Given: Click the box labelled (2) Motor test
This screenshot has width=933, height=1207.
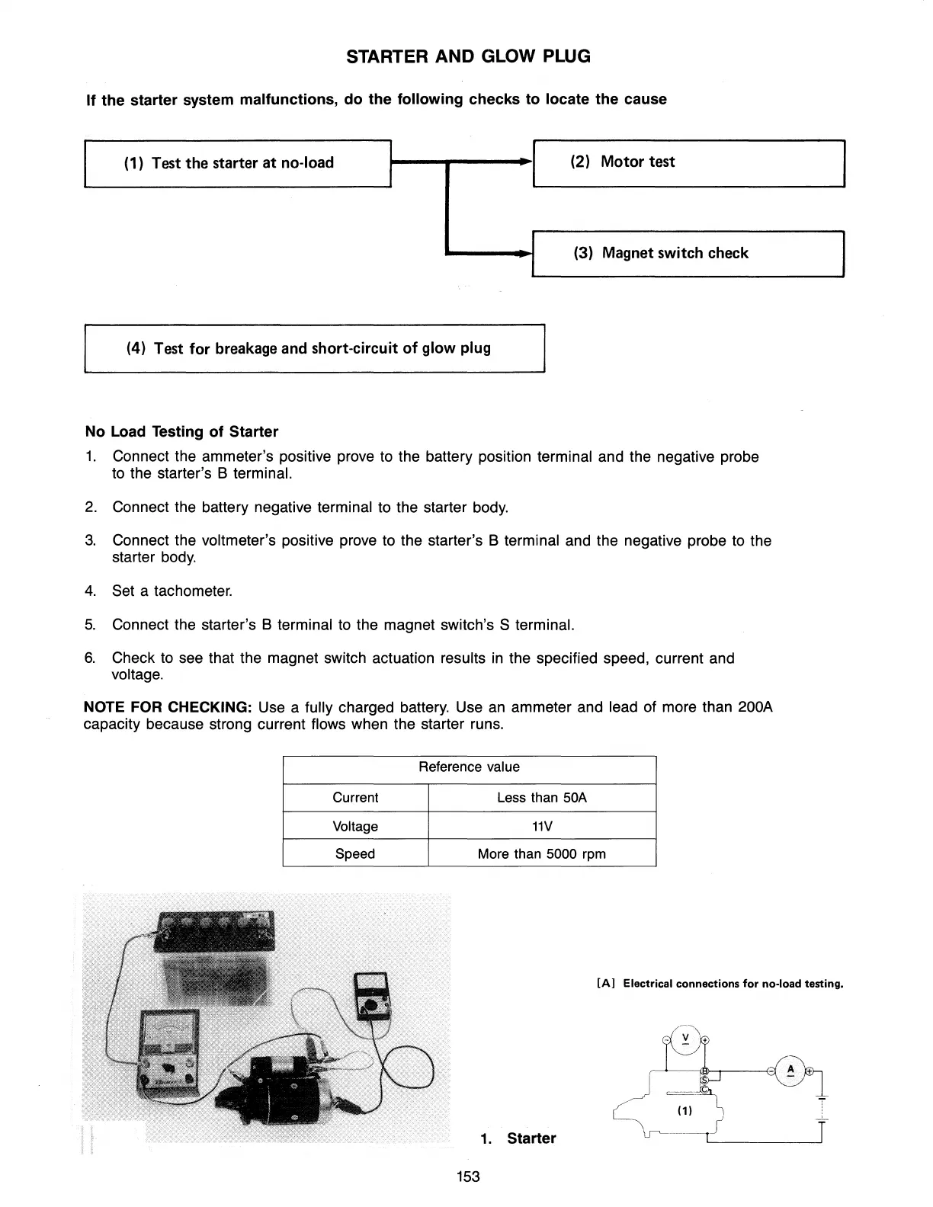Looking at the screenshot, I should coord(688,162).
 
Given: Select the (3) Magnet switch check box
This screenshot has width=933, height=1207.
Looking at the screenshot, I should coord(688,253).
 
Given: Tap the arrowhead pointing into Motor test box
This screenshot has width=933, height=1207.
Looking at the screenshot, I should coord(524,162).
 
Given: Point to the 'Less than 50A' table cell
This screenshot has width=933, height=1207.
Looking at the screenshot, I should coord(541,798).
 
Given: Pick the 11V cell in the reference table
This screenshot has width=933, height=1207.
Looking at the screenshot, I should coord(541,826).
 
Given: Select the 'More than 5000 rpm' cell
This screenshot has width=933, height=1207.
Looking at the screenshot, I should coord(541,853).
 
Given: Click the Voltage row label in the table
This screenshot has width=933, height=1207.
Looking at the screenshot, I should coord(355,826).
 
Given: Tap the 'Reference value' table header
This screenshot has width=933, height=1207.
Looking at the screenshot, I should coord(469,767).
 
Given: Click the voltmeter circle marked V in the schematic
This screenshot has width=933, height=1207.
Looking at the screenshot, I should coord(686,1039).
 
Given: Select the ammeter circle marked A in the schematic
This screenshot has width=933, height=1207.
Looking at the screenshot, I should coord(790,1071).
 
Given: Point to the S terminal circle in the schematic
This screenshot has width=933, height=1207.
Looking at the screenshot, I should coord(704,1080).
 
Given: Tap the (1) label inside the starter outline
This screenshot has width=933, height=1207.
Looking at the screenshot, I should coord(684,1110).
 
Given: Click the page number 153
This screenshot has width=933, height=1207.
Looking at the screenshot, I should coord(467,1177).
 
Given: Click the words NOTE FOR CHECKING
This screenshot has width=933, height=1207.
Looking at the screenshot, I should coord(168,707).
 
